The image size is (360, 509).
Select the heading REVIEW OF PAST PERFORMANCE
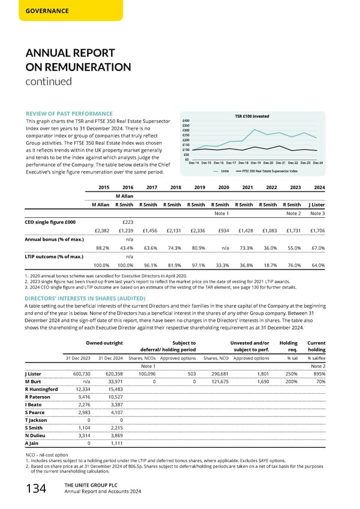[69, 114]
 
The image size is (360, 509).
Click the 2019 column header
[200, 186]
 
